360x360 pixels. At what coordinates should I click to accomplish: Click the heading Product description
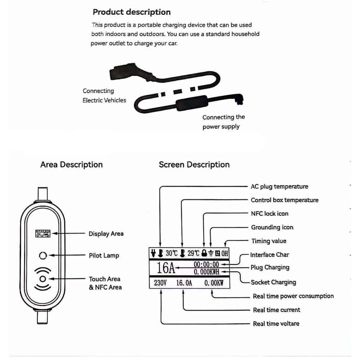(131, 12)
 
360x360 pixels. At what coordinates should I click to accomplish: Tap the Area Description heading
(71, 165)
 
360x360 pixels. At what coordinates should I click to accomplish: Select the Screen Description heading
(194, 165)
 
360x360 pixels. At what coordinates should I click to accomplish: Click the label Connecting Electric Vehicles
(104, 96)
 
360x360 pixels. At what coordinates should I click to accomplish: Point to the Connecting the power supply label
(223, 122)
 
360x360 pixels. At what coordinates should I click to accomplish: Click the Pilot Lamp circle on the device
(43, 256)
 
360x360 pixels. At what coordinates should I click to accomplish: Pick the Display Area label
(106, 234)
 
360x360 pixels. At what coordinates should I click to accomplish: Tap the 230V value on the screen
(160, 283)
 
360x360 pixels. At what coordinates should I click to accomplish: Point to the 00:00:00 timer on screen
(206, 265)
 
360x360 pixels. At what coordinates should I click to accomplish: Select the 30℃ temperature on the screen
(171, 253)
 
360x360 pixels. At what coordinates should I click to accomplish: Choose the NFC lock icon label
(269, 213)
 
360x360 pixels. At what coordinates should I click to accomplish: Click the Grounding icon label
(272, 227)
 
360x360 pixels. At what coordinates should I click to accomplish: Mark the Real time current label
(276, 310)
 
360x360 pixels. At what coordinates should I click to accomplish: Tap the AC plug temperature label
(279, 186)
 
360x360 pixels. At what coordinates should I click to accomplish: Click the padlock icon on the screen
(204, 253)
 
